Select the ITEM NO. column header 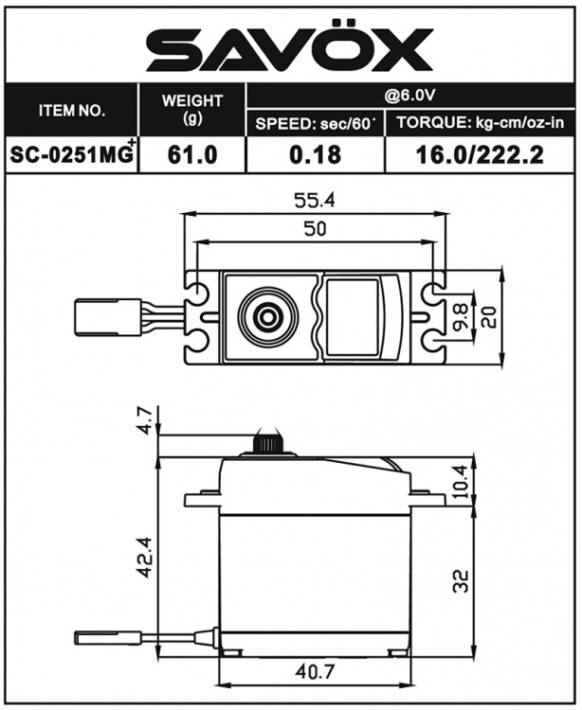71,111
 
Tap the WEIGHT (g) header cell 191,110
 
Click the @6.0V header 409,95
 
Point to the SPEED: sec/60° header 315,124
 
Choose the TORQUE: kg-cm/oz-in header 480,124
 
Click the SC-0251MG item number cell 71,155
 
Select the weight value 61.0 191,155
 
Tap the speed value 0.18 315,155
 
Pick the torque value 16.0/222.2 480,155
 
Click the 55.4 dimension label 314,200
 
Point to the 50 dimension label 314,229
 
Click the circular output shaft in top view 264,317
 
